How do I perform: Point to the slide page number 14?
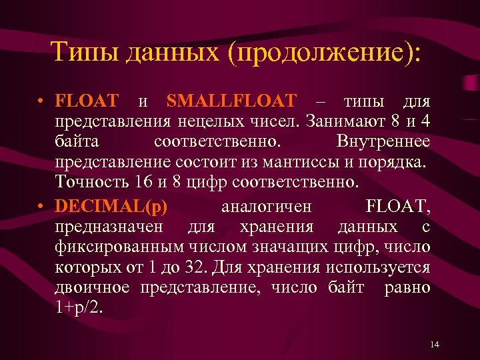click(435, 344)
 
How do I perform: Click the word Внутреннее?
click(383, 142)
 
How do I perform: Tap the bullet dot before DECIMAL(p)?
click(41, 207)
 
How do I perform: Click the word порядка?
click(401, 162)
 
